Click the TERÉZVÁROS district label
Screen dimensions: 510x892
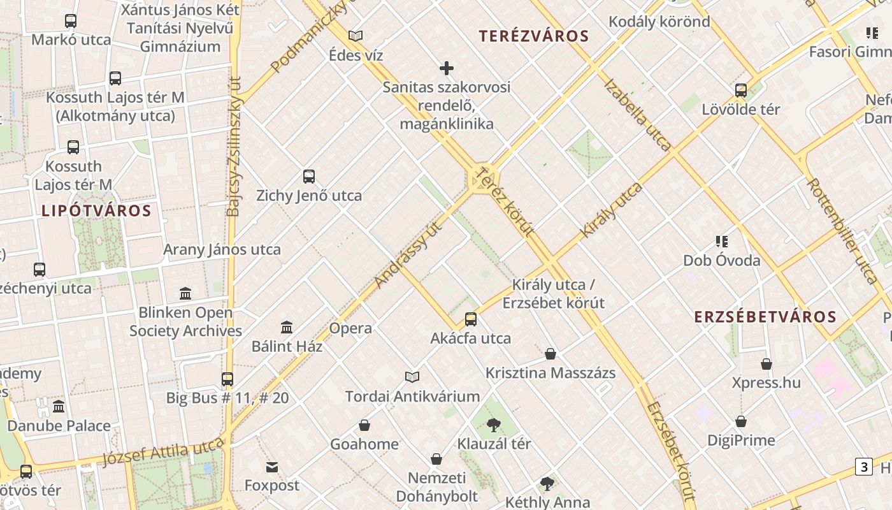tap(535, 36)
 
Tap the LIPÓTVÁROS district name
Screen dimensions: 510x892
tap(97, 211)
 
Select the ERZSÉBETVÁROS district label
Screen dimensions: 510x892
tap(765, 317)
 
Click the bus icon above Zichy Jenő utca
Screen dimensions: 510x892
tap(309, 177)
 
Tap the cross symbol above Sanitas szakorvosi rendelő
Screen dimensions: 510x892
tap(447, 68)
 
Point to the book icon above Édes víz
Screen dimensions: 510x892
tap(356, 36)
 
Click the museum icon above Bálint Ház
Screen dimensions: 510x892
tap(287, 328)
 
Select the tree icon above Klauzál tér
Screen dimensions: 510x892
tap(493, 425)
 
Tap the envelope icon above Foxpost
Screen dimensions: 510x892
tap(272, 467)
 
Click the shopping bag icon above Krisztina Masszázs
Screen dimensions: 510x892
tap(550, 354)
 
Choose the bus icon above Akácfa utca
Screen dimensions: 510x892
tap(471, 319)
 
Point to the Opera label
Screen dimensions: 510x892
tap(350, 328)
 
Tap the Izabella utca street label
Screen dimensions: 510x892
tap(637, 115)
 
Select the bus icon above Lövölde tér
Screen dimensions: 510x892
tap(740, 91)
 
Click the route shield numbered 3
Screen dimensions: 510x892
tap(863, 467)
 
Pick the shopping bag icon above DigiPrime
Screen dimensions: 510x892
tap(740, 421)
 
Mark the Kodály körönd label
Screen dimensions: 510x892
tap(659, 22)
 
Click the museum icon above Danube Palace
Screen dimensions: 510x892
tap(59, 407)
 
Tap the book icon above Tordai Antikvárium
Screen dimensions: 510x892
tap(412, 377)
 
